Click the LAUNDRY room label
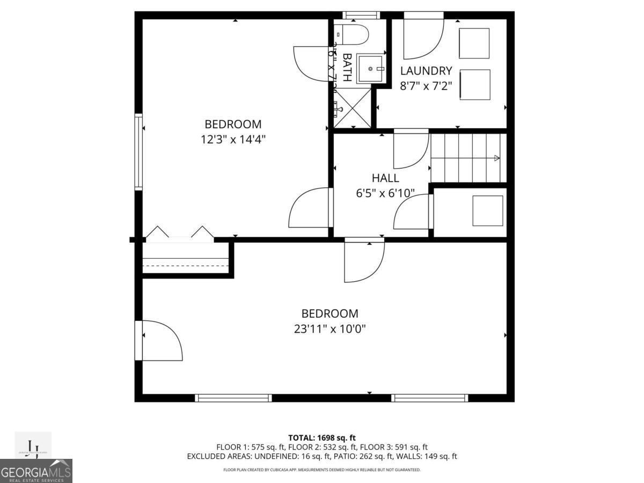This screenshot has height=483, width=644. pos(426,71)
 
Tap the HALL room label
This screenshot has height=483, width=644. pos(385,178)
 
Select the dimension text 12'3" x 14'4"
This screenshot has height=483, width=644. pos(233,139)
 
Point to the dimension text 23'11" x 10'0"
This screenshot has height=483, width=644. pos(330,328)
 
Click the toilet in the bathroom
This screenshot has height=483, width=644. pos(354,35)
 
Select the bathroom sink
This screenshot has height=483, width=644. pos(370,69)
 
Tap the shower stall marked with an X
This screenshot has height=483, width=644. pos(353,108)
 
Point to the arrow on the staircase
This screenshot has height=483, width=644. pos(496,158)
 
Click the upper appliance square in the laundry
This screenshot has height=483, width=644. pos(474,43)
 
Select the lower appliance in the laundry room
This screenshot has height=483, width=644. pos(474,84)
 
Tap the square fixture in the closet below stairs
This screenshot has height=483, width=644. pos(487,210)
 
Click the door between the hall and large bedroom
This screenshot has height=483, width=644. pos(364,261)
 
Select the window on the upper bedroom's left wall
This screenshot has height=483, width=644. pos(138,152)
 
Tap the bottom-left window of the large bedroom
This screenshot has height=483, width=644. pos(233,398)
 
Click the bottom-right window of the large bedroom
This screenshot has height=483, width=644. pos(429,398)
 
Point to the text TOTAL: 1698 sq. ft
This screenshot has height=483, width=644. pos(322,438)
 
